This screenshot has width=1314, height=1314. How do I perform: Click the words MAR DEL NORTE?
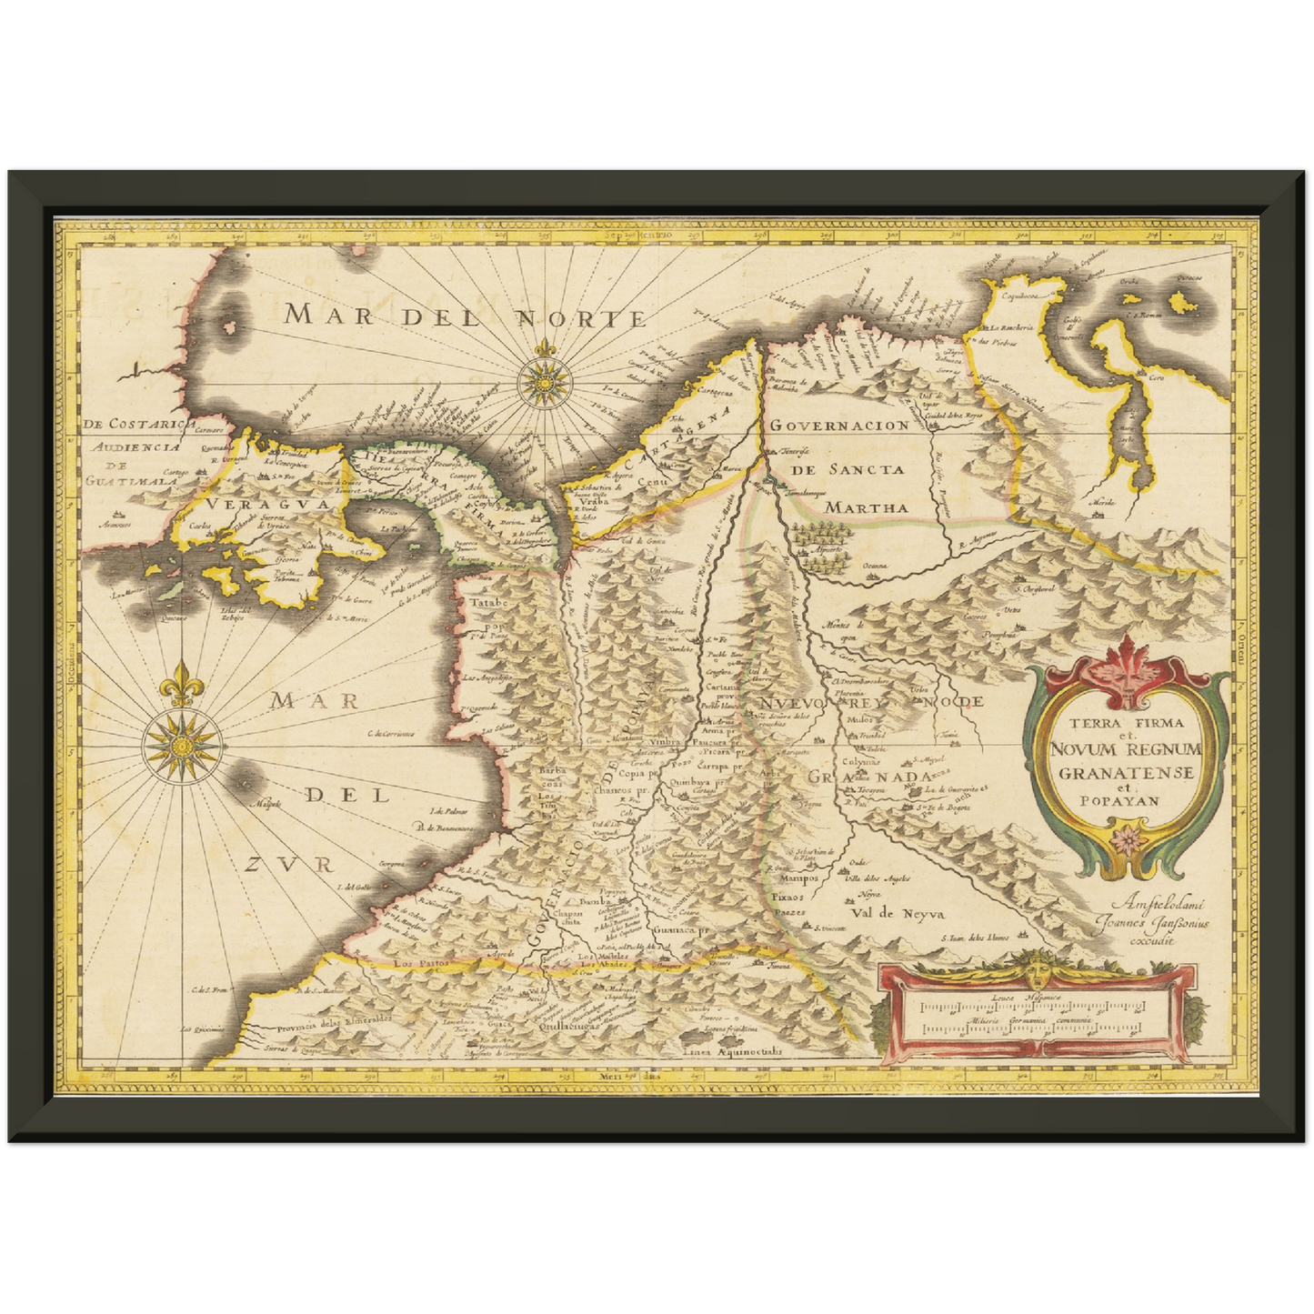click(465, 316)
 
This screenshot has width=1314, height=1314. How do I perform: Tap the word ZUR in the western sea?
click(289, 864)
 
